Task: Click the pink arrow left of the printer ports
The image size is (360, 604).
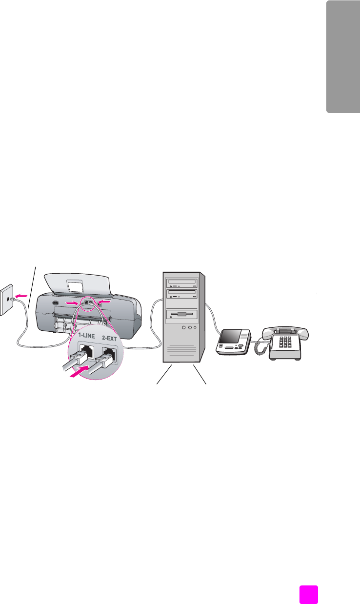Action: (71, 303)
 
